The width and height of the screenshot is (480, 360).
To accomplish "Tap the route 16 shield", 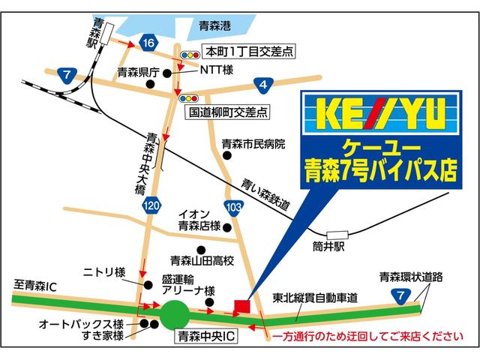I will coord(147,43).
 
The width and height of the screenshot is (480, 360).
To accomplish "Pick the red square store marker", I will coord(241,306).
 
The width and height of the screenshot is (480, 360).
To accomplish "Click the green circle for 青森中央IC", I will coord(176,313).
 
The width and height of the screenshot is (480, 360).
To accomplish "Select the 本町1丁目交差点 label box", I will coord(240,52).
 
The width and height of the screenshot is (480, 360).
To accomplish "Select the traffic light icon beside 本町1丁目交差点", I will coord(190,55).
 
